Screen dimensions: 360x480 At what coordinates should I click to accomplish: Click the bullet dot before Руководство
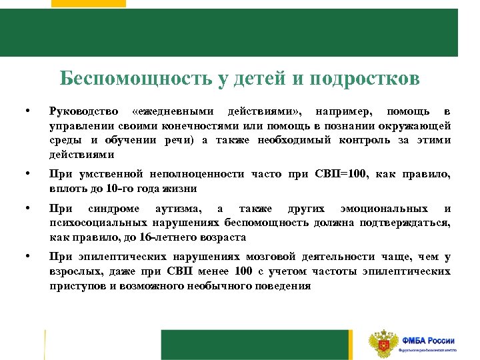[x=27, y=110]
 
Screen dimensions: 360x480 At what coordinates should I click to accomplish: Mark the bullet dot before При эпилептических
[x=27, y=257]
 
